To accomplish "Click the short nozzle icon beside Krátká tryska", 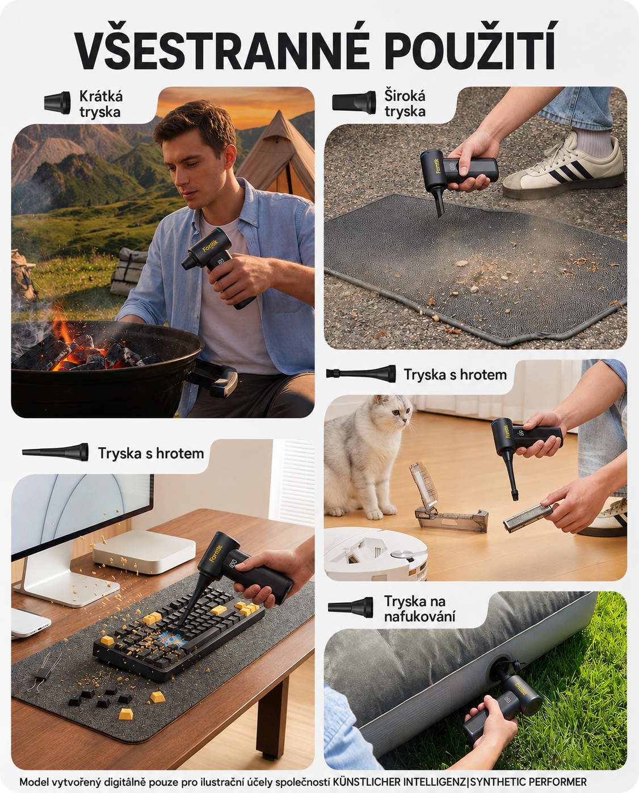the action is (57, 102).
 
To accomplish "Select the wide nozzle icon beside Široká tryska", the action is (354, 102).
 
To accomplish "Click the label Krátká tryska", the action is (100, 104).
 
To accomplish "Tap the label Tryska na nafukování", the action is (419, 609).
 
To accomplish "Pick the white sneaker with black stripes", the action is (565, 168).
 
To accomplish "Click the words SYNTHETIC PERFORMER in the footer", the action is (528, 782).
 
